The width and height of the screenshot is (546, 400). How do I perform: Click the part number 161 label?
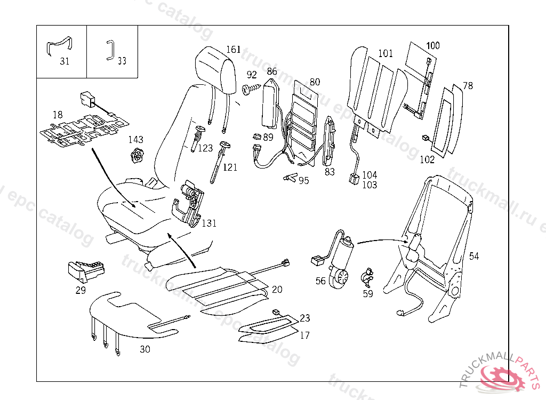click(x=234, y=50)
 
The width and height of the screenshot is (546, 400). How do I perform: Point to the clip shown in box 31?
click(x=60, y=46)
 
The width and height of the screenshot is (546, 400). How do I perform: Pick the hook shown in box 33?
click(x=110, y=49)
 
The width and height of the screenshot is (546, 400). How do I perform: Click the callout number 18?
click(x=58, y=115)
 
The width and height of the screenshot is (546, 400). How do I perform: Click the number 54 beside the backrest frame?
click(x=474, y=257)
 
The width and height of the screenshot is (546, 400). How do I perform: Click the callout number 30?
click(x=145, y=350)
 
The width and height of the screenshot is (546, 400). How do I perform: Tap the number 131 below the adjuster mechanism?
click(x=209, y=223)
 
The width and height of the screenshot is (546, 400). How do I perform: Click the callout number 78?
click(x=468, y=86)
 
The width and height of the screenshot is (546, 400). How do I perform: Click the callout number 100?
click(x=433, y=46)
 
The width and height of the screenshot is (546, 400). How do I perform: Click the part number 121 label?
click(x=230, y=167)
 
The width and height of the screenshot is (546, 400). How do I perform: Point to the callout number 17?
click(x=304, y=335)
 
